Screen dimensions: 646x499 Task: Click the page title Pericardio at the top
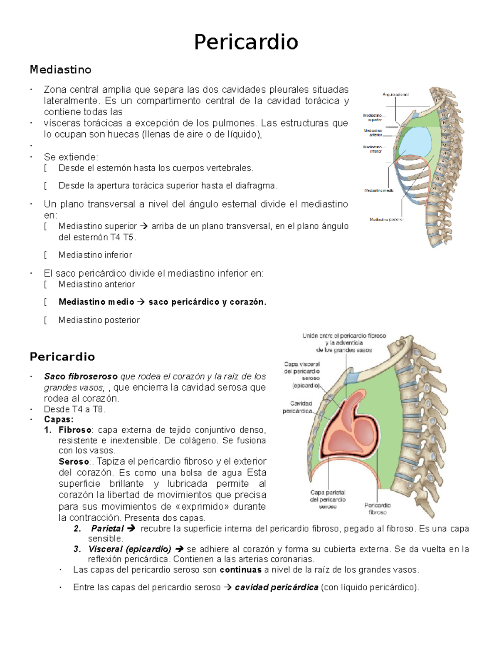[x=246, y=42]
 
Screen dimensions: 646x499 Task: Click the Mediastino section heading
[x=60, y=69]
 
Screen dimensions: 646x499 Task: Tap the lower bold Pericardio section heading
[x=62, y=356]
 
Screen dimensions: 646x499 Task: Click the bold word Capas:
[x=59, y=419]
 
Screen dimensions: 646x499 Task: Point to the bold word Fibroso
[x=75, y=430]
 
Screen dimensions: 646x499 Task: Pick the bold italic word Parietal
[x=107, y=529]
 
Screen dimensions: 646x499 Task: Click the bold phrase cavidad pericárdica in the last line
[x=277, y=587]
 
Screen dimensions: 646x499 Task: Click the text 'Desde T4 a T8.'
[x=75, y=409]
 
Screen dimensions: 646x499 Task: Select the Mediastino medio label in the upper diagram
[x=379, y=191]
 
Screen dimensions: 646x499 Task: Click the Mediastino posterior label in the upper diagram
[x=386, y=219]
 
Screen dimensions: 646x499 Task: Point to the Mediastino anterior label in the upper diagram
[x=373, y=133]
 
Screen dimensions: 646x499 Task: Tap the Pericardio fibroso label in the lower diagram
[x=378, y=509]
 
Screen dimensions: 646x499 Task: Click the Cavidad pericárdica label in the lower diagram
[x=297, y=407]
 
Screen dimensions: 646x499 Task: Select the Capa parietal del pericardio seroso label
[x=328, y=499]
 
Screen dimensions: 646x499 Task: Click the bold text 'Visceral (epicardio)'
[x=130, y=549]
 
